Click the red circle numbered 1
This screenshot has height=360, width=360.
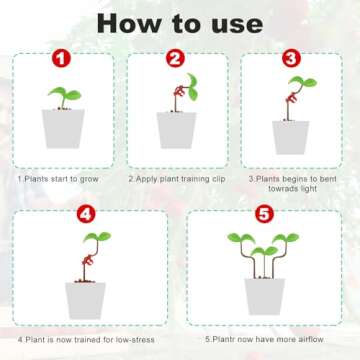(x=62, y=60)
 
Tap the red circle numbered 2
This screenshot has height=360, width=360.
(x=176, y=60)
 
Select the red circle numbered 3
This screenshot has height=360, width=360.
(x=290, y=60)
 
